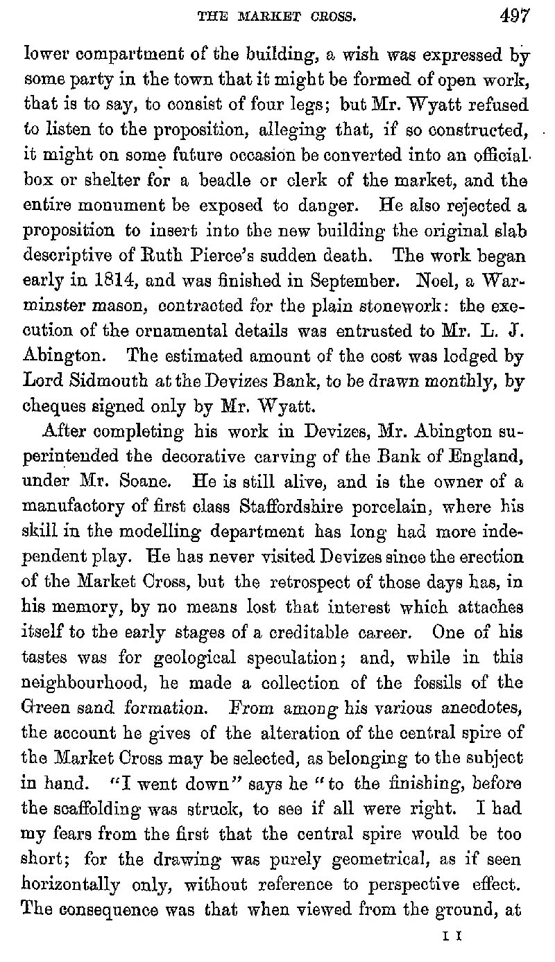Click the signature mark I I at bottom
pos(453,936)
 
